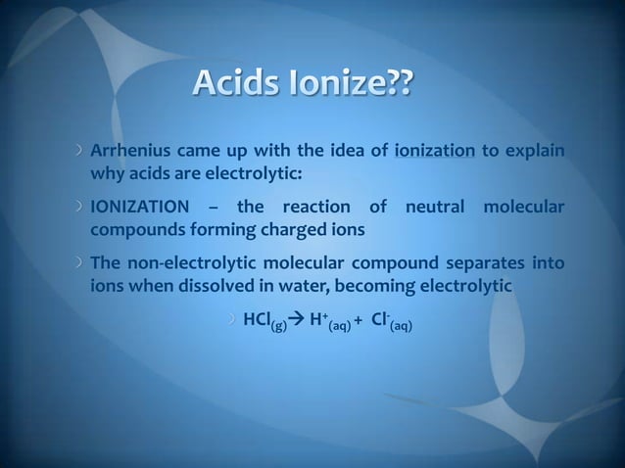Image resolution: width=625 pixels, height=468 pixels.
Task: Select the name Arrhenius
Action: pos(128,152)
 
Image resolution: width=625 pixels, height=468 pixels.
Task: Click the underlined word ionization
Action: pos(434,152)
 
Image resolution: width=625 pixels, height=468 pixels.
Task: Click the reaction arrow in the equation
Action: pos(296,319)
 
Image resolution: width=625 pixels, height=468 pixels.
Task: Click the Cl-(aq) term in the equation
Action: pos(391,321)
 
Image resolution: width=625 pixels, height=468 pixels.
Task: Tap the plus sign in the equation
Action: pos(359,321)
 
